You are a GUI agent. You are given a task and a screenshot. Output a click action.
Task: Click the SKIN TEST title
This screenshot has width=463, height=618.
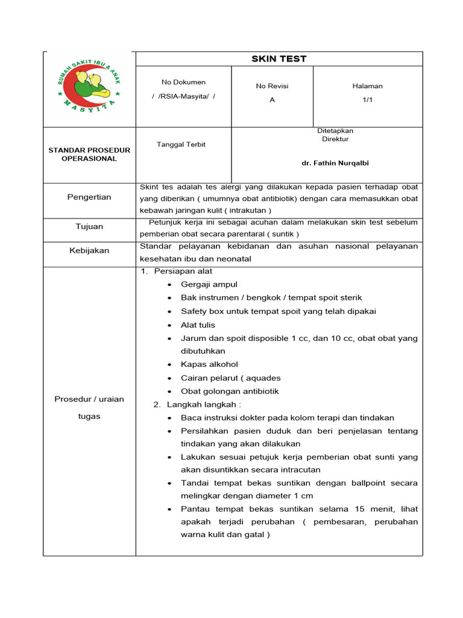coord(279,59)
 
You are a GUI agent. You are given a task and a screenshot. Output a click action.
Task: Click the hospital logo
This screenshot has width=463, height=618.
coord(89,86)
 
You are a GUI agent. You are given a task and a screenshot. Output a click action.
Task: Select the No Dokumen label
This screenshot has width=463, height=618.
coord(183,82)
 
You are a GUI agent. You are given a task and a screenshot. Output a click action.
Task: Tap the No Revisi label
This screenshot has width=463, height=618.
coord(272,86)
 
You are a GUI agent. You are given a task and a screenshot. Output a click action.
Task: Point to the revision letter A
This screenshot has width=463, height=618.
coord(272,100)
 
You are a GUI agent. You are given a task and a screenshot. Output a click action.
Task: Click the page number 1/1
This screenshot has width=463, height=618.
coord(367,100)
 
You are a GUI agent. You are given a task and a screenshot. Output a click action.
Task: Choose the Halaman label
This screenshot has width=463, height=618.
coord(367,86)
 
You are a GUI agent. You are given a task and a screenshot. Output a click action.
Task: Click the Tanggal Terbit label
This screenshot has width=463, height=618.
coord(181,144)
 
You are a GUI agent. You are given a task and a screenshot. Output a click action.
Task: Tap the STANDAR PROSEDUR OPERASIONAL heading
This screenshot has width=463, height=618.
coord(89,154)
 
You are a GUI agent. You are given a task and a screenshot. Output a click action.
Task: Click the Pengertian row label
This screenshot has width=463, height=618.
coord(89,197)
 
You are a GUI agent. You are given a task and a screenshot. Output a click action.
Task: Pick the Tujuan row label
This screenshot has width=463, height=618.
coord(89,226)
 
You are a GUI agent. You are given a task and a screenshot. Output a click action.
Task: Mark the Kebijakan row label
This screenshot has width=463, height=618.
coord(89,250)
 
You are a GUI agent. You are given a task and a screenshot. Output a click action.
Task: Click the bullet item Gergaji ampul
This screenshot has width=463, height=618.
coord(209,284)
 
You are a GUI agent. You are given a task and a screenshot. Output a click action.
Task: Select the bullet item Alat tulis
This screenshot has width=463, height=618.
coord(198,325)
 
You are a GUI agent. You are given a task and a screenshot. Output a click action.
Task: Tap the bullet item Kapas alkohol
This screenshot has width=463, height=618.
coord(209,365)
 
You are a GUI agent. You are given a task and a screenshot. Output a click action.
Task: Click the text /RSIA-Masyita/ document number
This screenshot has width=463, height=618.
coord(183,96)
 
